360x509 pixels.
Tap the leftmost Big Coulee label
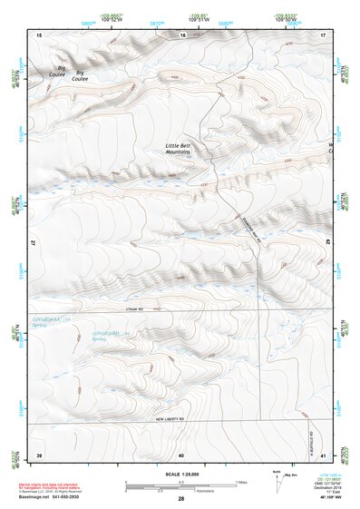click(62, 70)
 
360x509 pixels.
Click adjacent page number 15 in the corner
click(39, 34)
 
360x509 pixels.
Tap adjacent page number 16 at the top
click(182, 34)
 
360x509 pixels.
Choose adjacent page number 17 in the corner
click(323, 34)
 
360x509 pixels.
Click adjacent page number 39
click(39, 454)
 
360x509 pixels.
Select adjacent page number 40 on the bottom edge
click(181, 454)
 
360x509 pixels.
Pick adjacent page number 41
click(323, 454)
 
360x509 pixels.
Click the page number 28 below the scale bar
click(181, 499)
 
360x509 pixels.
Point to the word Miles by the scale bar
click(241, 482)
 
